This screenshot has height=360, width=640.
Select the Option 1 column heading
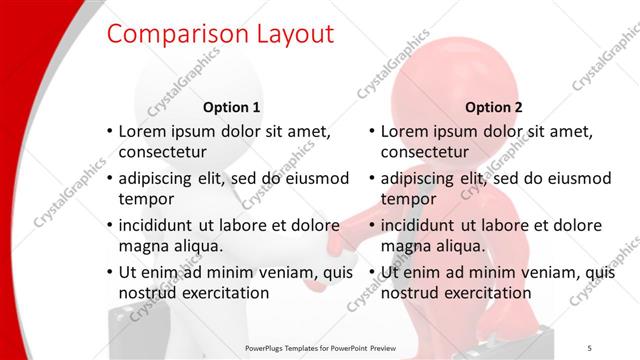(x=232, y=107)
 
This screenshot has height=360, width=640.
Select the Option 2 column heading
(x=494, y=107)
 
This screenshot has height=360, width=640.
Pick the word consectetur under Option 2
(x=424, y=153)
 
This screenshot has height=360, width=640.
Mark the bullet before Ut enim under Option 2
(x=371, y=272)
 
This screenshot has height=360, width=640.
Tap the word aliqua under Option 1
(x=195, y=246)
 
